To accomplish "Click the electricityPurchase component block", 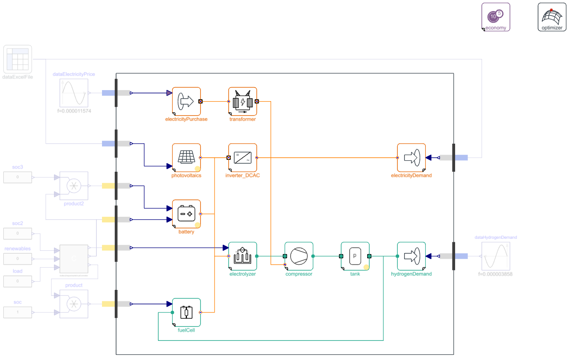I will [186, 102].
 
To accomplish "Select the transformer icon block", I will [243, 102].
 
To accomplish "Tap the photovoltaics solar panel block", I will [186, 158].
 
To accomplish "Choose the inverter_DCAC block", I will [243, 158].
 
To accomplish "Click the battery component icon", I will [186, 214].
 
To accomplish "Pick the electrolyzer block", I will [243, 256].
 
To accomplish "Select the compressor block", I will [299, 256].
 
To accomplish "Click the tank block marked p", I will [355, 256].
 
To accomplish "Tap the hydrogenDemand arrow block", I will [411, 256].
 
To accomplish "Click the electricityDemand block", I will [411, 158].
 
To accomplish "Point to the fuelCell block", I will [186, 312].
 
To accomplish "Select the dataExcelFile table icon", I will [18, 59].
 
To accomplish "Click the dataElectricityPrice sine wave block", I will [74, 93].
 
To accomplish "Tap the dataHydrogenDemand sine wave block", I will [495, 256].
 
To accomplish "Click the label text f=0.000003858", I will [495, 274].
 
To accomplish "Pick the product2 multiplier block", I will [74, 186].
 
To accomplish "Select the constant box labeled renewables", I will [17, 258].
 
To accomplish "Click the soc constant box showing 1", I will [17, 312].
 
